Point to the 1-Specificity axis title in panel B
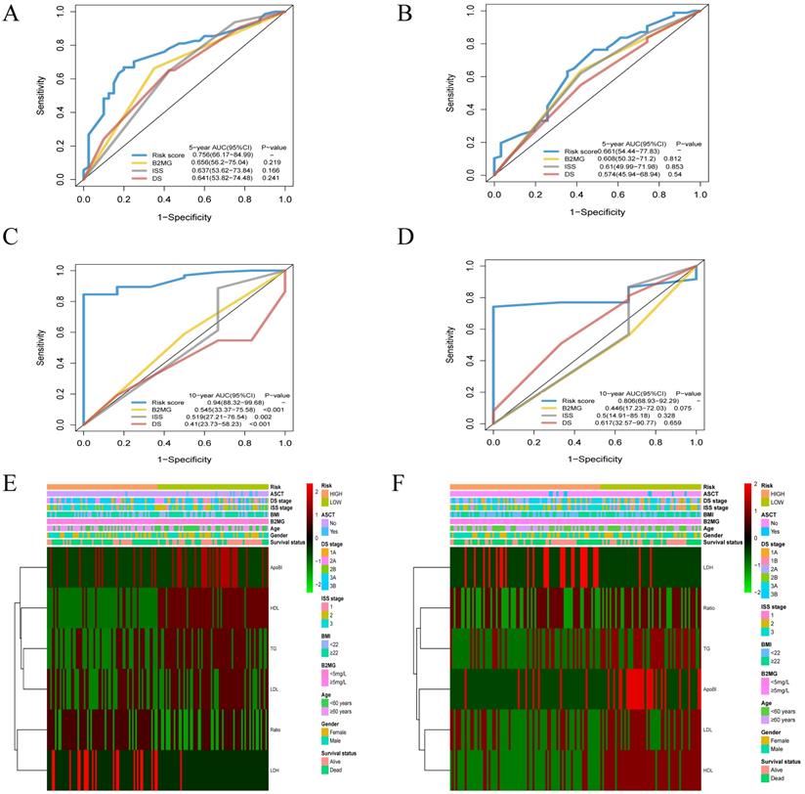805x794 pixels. click(x=598, y=211)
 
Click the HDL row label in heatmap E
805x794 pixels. click(x=276, y=608)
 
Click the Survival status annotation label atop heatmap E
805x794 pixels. click(x=290, y=541)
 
